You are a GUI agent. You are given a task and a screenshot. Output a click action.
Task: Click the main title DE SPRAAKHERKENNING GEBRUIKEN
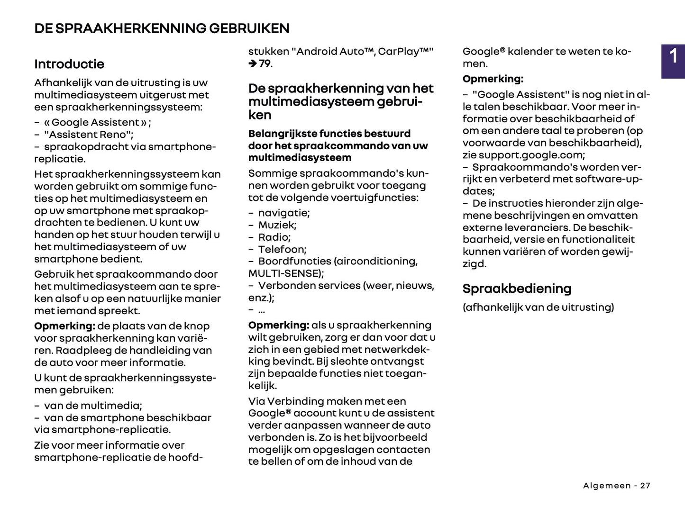click(162, 28)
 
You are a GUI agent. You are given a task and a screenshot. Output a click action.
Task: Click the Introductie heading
click(69, 64)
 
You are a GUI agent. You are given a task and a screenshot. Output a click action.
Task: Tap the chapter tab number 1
click(673, 56)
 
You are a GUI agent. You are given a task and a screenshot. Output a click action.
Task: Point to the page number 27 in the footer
click(645, 486)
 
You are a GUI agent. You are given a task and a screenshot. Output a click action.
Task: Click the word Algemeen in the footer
click(607, 486)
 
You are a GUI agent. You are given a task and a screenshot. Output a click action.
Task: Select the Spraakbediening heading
click(517, 289)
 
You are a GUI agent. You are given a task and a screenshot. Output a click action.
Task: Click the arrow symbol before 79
click(253, 63)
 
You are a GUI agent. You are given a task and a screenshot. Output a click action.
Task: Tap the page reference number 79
click(265, 63)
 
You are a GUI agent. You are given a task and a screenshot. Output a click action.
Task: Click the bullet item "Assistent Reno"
click(89, 135)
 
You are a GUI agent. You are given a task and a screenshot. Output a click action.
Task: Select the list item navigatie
click(283, 213)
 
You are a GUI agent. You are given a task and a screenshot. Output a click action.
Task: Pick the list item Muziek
click(277, 225)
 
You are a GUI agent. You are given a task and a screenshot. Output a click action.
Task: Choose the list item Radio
click(274, 237)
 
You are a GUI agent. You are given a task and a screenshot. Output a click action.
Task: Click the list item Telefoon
click(282, 249)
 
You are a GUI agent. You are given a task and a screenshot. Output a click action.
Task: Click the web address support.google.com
click(531, 155)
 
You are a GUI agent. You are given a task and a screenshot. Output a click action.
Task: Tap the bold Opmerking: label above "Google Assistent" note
click(493, 79)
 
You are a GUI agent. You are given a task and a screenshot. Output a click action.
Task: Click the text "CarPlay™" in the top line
click(405, 52)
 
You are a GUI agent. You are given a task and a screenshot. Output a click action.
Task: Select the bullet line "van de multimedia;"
click(93, 406)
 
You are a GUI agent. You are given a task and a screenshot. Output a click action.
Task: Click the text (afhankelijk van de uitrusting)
click(538, 307)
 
